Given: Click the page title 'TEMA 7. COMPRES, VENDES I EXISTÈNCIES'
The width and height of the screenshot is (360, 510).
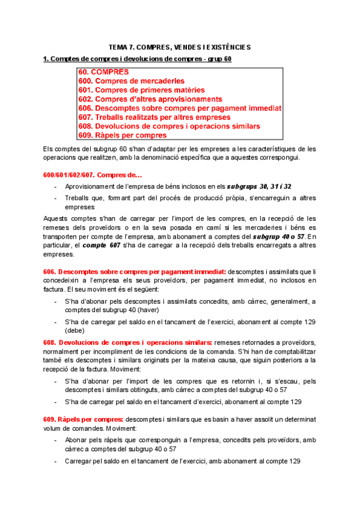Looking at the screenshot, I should click(180, 46).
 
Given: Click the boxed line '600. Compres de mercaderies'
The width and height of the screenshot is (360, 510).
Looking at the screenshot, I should click(131, 81).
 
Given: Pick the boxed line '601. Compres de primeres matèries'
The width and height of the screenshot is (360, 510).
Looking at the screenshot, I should click(142, 90).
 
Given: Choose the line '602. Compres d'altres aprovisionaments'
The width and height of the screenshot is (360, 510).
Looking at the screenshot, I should click(150, 99).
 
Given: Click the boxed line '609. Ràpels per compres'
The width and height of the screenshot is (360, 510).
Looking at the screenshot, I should click(123, 135).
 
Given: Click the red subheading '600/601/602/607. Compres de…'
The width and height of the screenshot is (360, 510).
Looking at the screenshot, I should click(90, 175).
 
